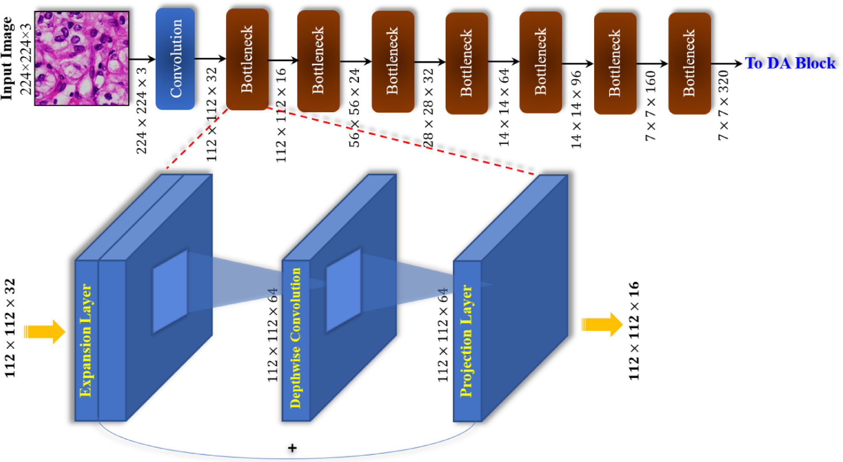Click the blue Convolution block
click(175, 59)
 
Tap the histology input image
click(82, 58)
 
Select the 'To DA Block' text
click(790, 63)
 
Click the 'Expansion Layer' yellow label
click(86, 340)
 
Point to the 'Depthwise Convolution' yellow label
click(295, 338)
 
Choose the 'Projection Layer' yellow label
click(466, 341)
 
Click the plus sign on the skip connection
click(292, 448)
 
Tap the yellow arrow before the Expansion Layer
click(44, 331)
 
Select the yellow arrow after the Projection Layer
click(602, 324)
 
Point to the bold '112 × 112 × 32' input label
click(10, 328)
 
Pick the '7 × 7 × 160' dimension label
click(650, 106)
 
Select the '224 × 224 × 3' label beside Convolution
click(141, 110)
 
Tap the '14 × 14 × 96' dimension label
click(576, 109)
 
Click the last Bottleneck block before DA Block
click(689, 63)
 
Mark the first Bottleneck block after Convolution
click(247, 59)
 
